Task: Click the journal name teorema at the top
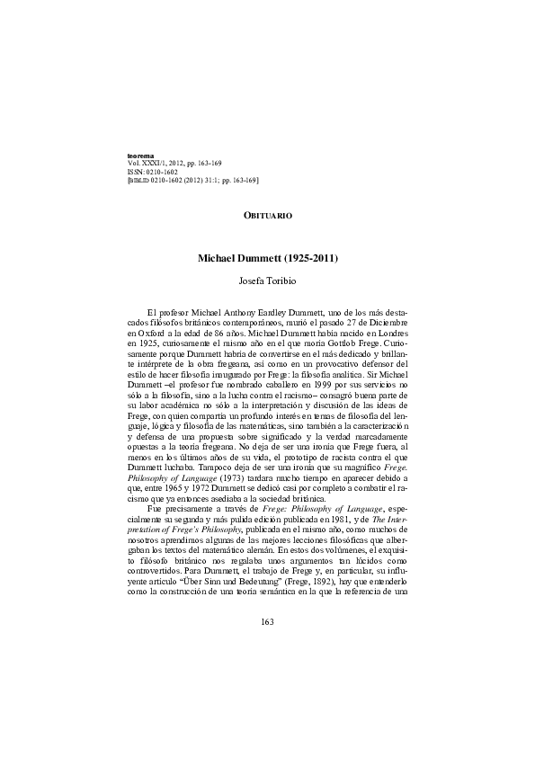pyautogui.click(x=141, y=156)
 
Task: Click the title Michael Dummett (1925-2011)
pyautogui.click(x=267, y=258)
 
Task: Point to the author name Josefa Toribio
pyautogui.click(x=267, y=280)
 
